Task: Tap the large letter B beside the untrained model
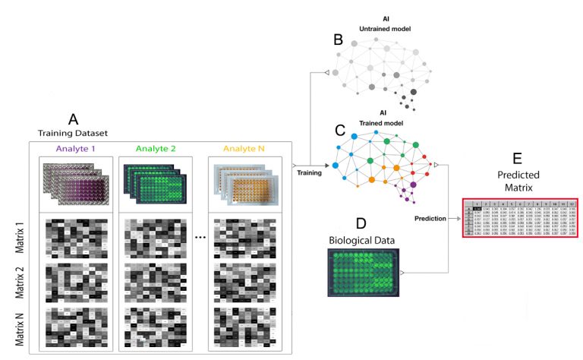click(339, 41)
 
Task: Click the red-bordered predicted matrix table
click(520, 217)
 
